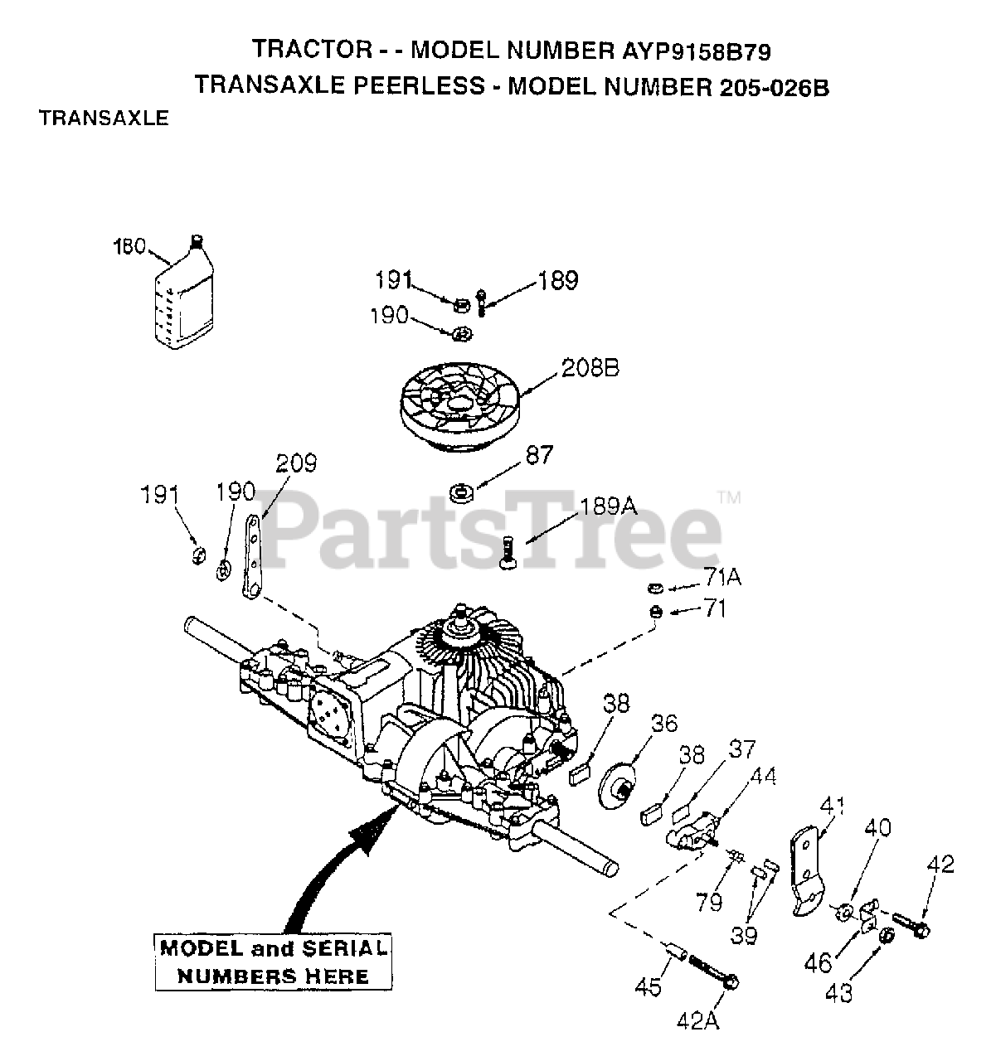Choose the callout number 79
tap(709, 901)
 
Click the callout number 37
tap(742, 751)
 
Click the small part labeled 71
tap(654, 612)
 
